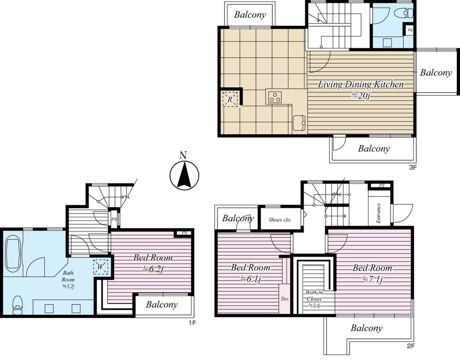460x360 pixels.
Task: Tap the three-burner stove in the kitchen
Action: [x=275, y=97]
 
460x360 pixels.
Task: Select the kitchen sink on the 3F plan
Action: [x=299, y=123]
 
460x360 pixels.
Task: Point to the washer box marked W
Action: [x=101, y=267]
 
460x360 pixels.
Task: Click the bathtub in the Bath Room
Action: [x=13, y=253]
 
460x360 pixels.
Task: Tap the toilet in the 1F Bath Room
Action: [x=17, y=304]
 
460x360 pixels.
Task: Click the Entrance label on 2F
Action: [x=378, y=213]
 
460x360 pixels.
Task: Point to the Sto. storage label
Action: [x=285, y=299]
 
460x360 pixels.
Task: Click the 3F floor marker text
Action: [x=412, y=167]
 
